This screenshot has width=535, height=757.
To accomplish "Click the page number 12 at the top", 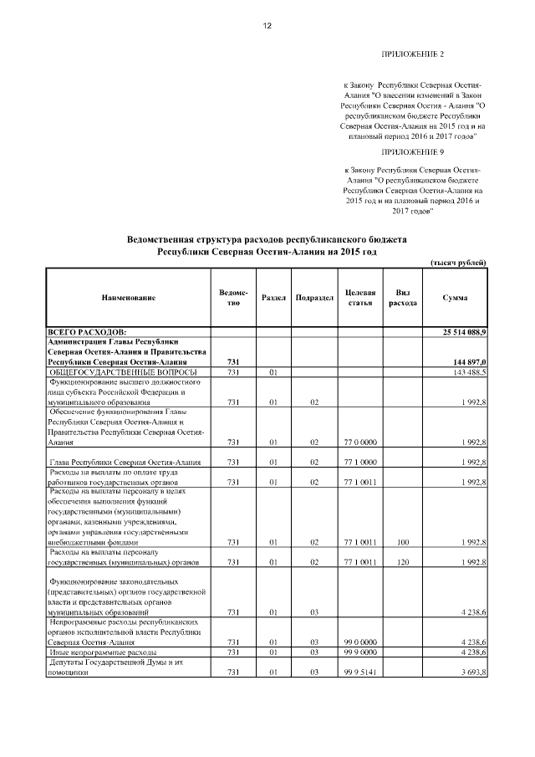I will [x=267, y=26].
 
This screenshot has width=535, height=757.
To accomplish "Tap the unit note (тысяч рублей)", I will [x=458, y=263].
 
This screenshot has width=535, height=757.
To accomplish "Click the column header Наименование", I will [x=129, y=299].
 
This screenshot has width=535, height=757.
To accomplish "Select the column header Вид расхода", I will [x=402, y=298].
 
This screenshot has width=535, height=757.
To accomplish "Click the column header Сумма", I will [x=456, y=299].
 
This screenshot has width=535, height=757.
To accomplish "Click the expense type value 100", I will [x=402, y=541].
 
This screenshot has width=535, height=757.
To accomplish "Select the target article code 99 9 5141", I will [x=359, y=672].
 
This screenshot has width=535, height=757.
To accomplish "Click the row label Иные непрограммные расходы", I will [x=91, y=652].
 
